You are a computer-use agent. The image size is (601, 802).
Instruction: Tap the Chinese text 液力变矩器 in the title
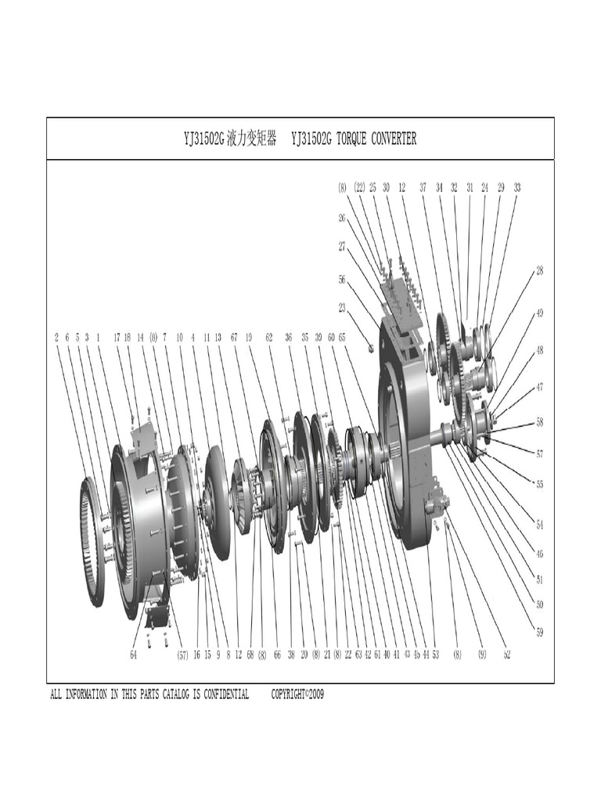(251, 139)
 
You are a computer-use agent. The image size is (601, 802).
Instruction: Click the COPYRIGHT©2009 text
(297, 695)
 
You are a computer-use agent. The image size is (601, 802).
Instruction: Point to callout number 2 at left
(56, 338)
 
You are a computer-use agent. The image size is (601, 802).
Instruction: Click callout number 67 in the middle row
(233, 338)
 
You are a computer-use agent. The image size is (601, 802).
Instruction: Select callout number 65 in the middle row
(342, 338)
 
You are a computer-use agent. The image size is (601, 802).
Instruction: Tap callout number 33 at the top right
(517, 187)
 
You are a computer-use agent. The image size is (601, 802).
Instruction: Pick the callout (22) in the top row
(359, 187)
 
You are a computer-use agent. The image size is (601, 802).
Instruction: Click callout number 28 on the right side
(539, 271)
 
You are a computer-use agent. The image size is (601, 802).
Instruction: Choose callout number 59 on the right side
(539, 632)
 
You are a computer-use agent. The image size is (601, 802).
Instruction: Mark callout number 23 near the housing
(342, 308)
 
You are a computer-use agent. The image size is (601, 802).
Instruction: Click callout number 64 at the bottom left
(134, 655)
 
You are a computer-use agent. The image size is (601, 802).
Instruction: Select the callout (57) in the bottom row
(182, 655)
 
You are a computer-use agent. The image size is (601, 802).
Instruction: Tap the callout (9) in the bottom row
(482, 655)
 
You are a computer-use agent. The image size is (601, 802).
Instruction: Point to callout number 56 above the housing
(342, 279)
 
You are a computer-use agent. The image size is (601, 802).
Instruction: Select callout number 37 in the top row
(423, 187)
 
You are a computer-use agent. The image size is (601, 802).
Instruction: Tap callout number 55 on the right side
(539, 484)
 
